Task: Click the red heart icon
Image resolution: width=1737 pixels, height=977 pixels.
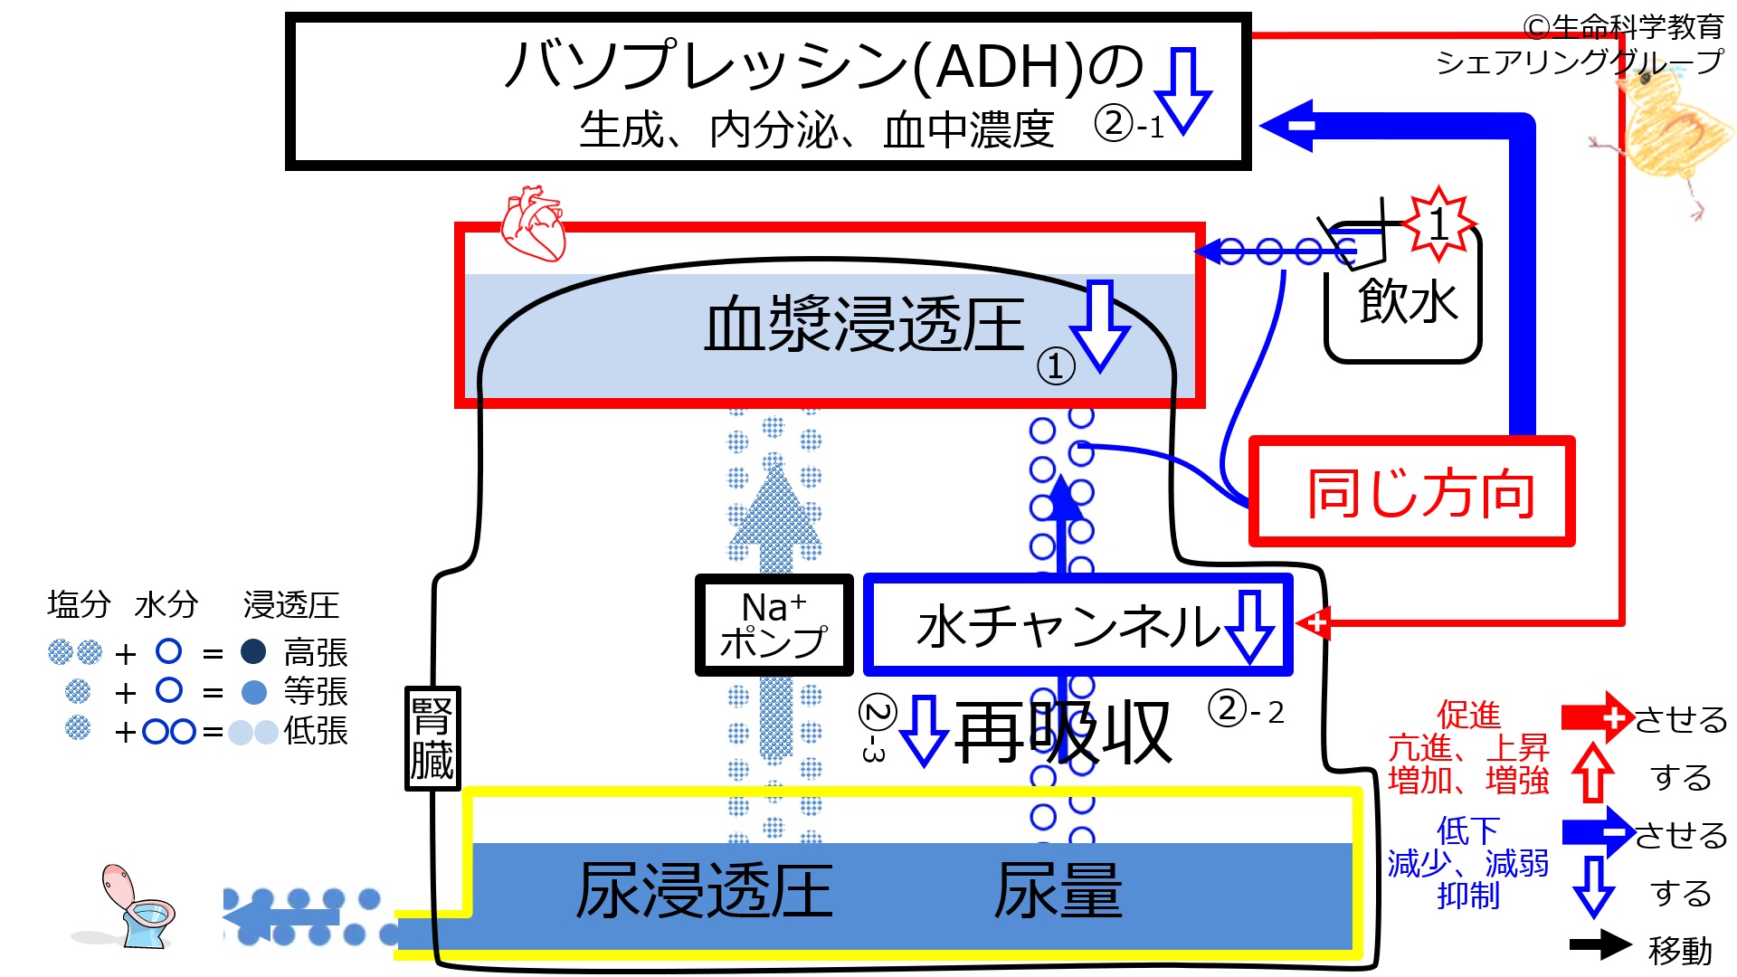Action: pos(534,223)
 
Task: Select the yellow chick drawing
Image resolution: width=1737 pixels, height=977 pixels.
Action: pos(1665,136)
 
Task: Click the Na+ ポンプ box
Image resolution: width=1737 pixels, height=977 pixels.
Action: pos(774,625)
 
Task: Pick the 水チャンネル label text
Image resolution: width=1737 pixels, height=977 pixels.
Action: pos(1068,627)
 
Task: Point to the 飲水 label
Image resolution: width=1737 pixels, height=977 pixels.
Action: pos(1408,301)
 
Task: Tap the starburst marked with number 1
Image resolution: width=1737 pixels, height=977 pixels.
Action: pos(1438,223)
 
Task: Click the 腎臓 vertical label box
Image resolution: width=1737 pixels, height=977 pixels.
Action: pos(432,738)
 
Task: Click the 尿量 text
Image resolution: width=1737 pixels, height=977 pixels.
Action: pos(1058,891)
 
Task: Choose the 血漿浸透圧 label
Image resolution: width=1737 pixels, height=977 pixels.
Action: pos(864,325)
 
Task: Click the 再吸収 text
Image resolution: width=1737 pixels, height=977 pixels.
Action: pos(1063,733)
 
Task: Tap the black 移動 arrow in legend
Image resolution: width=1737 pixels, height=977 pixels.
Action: pos(1600,944)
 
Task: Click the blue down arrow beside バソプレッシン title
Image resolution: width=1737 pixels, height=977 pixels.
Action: pos(1183,90)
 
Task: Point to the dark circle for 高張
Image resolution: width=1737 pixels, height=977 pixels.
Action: pos(253,651)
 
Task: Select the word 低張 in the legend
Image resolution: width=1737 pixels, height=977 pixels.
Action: pos(316,731)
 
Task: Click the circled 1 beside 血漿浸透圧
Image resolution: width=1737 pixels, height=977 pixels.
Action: pos(1056,366)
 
